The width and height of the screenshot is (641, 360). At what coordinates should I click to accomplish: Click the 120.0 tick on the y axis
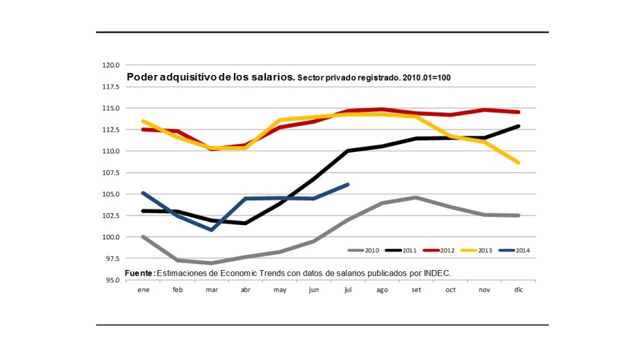click(111, 65)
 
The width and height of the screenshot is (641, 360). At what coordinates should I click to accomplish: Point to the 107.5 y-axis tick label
click(111, 172)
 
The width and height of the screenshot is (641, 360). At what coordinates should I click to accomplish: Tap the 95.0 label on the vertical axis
click(111, 280)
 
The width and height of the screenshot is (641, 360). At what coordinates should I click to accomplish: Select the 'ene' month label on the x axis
click(143, 289)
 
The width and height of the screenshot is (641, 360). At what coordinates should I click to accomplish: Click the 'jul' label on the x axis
click(348, 289)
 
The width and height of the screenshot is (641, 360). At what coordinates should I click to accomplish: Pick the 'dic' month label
click(518, 289)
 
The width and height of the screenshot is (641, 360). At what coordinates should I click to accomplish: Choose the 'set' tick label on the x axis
click(416, 289)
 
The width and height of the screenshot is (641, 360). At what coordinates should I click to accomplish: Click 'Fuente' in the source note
click(139, 273)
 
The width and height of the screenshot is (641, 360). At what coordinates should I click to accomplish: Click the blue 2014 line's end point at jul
click(348, 184)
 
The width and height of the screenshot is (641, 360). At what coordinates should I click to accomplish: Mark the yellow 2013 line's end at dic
click(518, 162)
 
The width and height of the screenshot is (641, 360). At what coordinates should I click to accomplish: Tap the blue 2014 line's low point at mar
click(211, 230)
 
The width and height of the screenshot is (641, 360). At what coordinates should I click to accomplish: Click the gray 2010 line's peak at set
click(416, 198)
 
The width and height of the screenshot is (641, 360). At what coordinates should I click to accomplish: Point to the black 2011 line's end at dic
click(518, 126)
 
